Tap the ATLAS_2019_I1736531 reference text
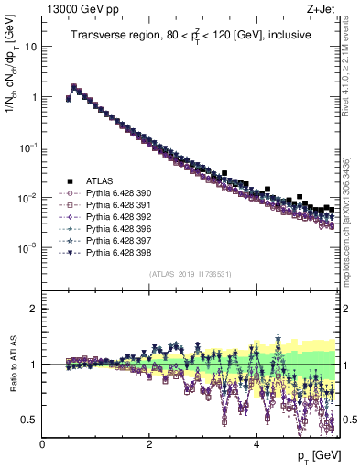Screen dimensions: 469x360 pos(189,274)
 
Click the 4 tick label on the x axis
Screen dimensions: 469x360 pos(256,442)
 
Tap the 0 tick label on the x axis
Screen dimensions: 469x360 pos(43,442)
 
